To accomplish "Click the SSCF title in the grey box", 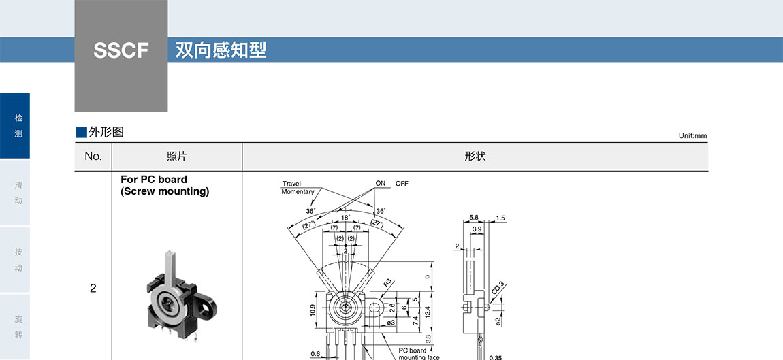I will tap(121, 50).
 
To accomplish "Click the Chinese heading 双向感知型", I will tap(221, 50).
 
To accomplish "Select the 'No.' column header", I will tap(93, 157).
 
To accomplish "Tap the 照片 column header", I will tap(177, 157).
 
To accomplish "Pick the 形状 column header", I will tap(475, 157).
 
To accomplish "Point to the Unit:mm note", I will tap(692, 135).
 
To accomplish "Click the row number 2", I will tap(93, 288).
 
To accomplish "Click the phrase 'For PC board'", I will tap(154, 180).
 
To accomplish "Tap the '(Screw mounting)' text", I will tap(165, 191).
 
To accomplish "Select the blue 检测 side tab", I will tap(18, 126).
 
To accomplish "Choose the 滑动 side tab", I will tap(18, 193).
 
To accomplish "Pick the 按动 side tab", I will tap(18, 259).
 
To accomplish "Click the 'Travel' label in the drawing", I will tap(291, 184).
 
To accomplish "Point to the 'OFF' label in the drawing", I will tap(402, 184).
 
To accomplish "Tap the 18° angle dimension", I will tap(345, 218).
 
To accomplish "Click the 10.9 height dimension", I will tap(313, 310).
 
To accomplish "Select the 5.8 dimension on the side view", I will tap(474, 218).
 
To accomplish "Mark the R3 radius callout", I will tap(387, 282).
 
